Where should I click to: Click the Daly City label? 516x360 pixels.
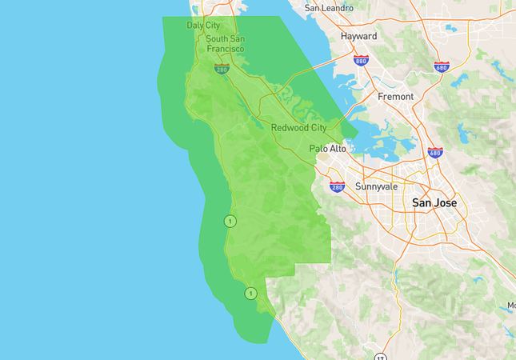click(203, 26)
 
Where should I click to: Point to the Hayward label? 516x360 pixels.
click(358, 37)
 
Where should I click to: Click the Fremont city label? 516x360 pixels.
click(396, 97)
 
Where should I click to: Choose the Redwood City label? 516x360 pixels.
click(298, 128)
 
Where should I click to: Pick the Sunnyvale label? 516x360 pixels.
click(375, 186)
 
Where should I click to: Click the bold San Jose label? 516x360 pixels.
click(434, 203)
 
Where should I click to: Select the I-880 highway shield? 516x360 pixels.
click(361, 59)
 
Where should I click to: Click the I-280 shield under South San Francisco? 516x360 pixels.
click(222, 69)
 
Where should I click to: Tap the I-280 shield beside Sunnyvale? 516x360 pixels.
click(337, 186)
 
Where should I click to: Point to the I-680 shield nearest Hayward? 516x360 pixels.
click(441, 66)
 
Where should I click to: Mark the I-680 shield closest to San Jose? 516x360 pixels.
click(435, 152)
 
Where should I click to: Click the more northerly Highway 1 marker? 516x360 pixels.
click(230, 221)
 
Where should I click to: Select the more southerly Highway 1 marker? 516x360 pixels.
click(250, 294)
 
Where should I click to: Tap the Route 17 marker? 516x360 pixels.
click(380, 357)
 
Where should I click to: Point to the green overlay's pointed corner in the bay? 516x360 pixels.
click(357, 131)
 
